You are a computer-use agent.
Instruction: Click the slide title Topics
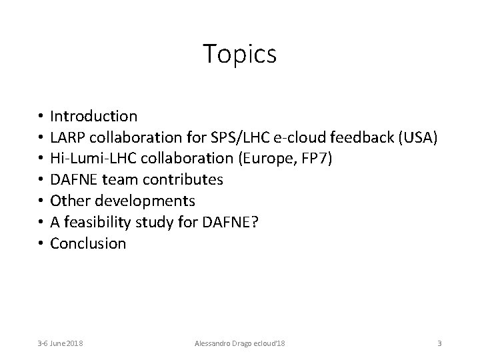tap(239, 54)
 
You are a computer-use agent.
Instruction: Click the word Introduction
tap(94, 116)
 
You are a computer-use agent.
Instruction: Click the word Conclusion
tap(88, 243)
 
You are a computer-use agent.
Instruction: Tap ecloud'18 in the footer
tap(267, 343)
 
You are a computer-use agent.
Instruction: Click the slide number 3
tap(439, 343)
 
